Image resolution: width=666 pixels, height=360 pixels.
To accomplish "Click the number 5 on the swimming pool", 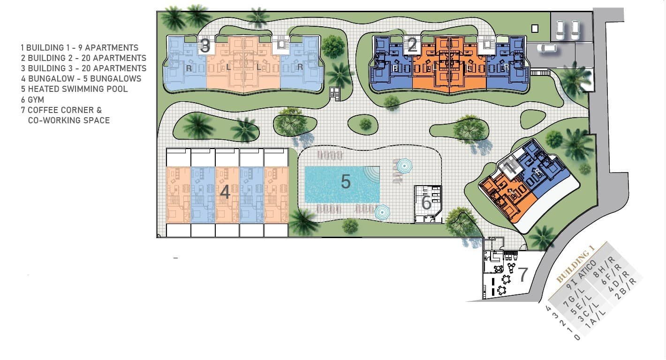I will point(346,182).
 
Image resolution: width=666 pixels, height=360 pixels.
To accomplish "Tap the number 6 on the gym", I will point(426,203).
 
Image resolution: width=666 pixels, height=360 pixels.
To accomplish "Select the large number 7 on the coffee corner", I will point(523,273).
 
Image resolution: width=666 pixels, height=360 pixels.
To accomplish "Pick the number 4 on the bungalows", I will point(225,192).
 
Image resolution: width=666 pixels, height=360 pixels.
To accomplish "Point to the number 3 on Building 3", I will point(205,46).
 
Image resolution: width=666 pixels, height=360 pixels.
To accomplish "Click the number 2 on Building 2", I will point(412,45).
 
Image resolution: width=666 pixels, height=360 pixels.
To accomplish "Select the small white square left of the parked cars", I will point(535,29).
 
